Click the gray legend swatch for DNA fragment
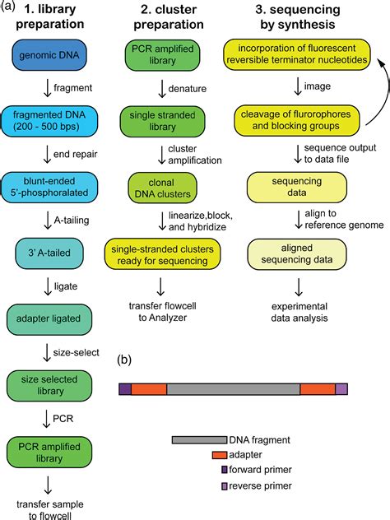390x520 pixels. [198, 440]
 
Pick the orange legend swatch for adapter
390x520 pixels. [219, 455]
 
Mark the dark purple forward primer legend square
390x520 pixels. [224, 470]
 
